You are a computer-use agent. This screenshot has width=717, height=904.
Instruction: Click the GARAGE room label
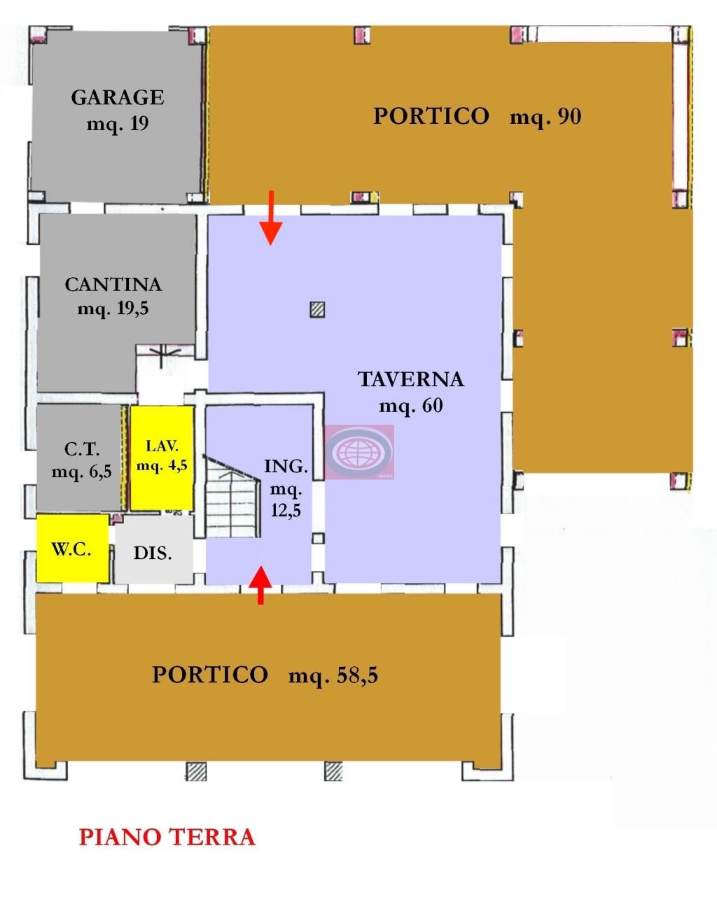pyautogui.click(x=118, y=97)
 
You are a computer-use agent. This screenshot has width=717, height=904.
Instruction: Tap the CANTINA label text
pyautogui.click(x=113, y=284)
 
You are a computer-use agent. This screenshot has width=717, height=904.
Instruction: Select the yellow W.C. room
pyautogui.click(x=72, y=548)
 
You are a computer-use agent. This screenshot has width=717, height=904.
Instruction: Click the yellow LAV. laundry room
pyautogui.click(x=162, y=458)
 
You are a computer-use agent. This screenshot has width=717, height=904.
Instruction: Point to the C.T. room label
pyautogui.click(x=82, y=449)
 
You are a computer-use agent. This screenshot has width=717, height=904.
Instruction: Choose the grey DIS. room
pyautogui.click(x=154, y=549)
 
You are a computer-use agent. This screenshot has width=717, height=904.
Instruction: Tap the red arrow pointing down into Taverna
pyautogui.click(x=271, y=218)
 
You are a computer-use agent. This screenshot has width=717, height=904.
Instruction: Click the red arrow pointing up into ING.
pyautogui.click(x=260, y=585)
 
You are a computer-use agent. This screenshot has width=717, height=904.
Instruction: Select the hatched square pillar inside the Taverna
pyautogui.click(x=317, y=310)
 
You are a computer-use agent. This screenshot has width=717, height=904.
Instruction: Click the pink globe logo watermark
pyautogui.click(x=359, y=451)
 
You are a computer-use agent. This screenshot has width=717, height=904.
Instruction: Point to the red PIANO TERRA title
pyautogui.click(x=167, y=838)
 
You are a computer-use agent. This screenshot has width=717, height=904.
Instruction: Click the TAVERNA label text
pyautogui.click(x=411, y=379)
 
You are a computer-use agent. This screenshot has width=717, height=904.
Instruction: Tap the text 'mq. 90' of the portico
pyautogui.click(x=545, y=117)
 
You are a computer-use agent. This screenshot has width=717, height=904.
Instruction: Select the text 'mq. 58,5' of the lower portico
pyautogui.click(x=333, y=675)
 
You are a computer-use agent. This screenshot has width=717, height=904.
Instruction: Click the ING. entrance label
pyautogui.click(x=286, y=466)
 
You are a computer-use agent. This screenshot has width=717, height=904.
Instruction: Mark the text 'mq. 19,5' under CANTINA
pyautogui.click(x=113, y=309)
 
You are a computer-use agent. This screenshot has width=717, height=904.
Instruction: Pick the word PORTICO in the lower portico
pyautogui.click(x=210, y=675)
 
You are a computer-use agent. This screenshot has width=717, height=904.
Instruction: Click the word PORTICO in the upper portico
pyautogui.click(x=431, y=116)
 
